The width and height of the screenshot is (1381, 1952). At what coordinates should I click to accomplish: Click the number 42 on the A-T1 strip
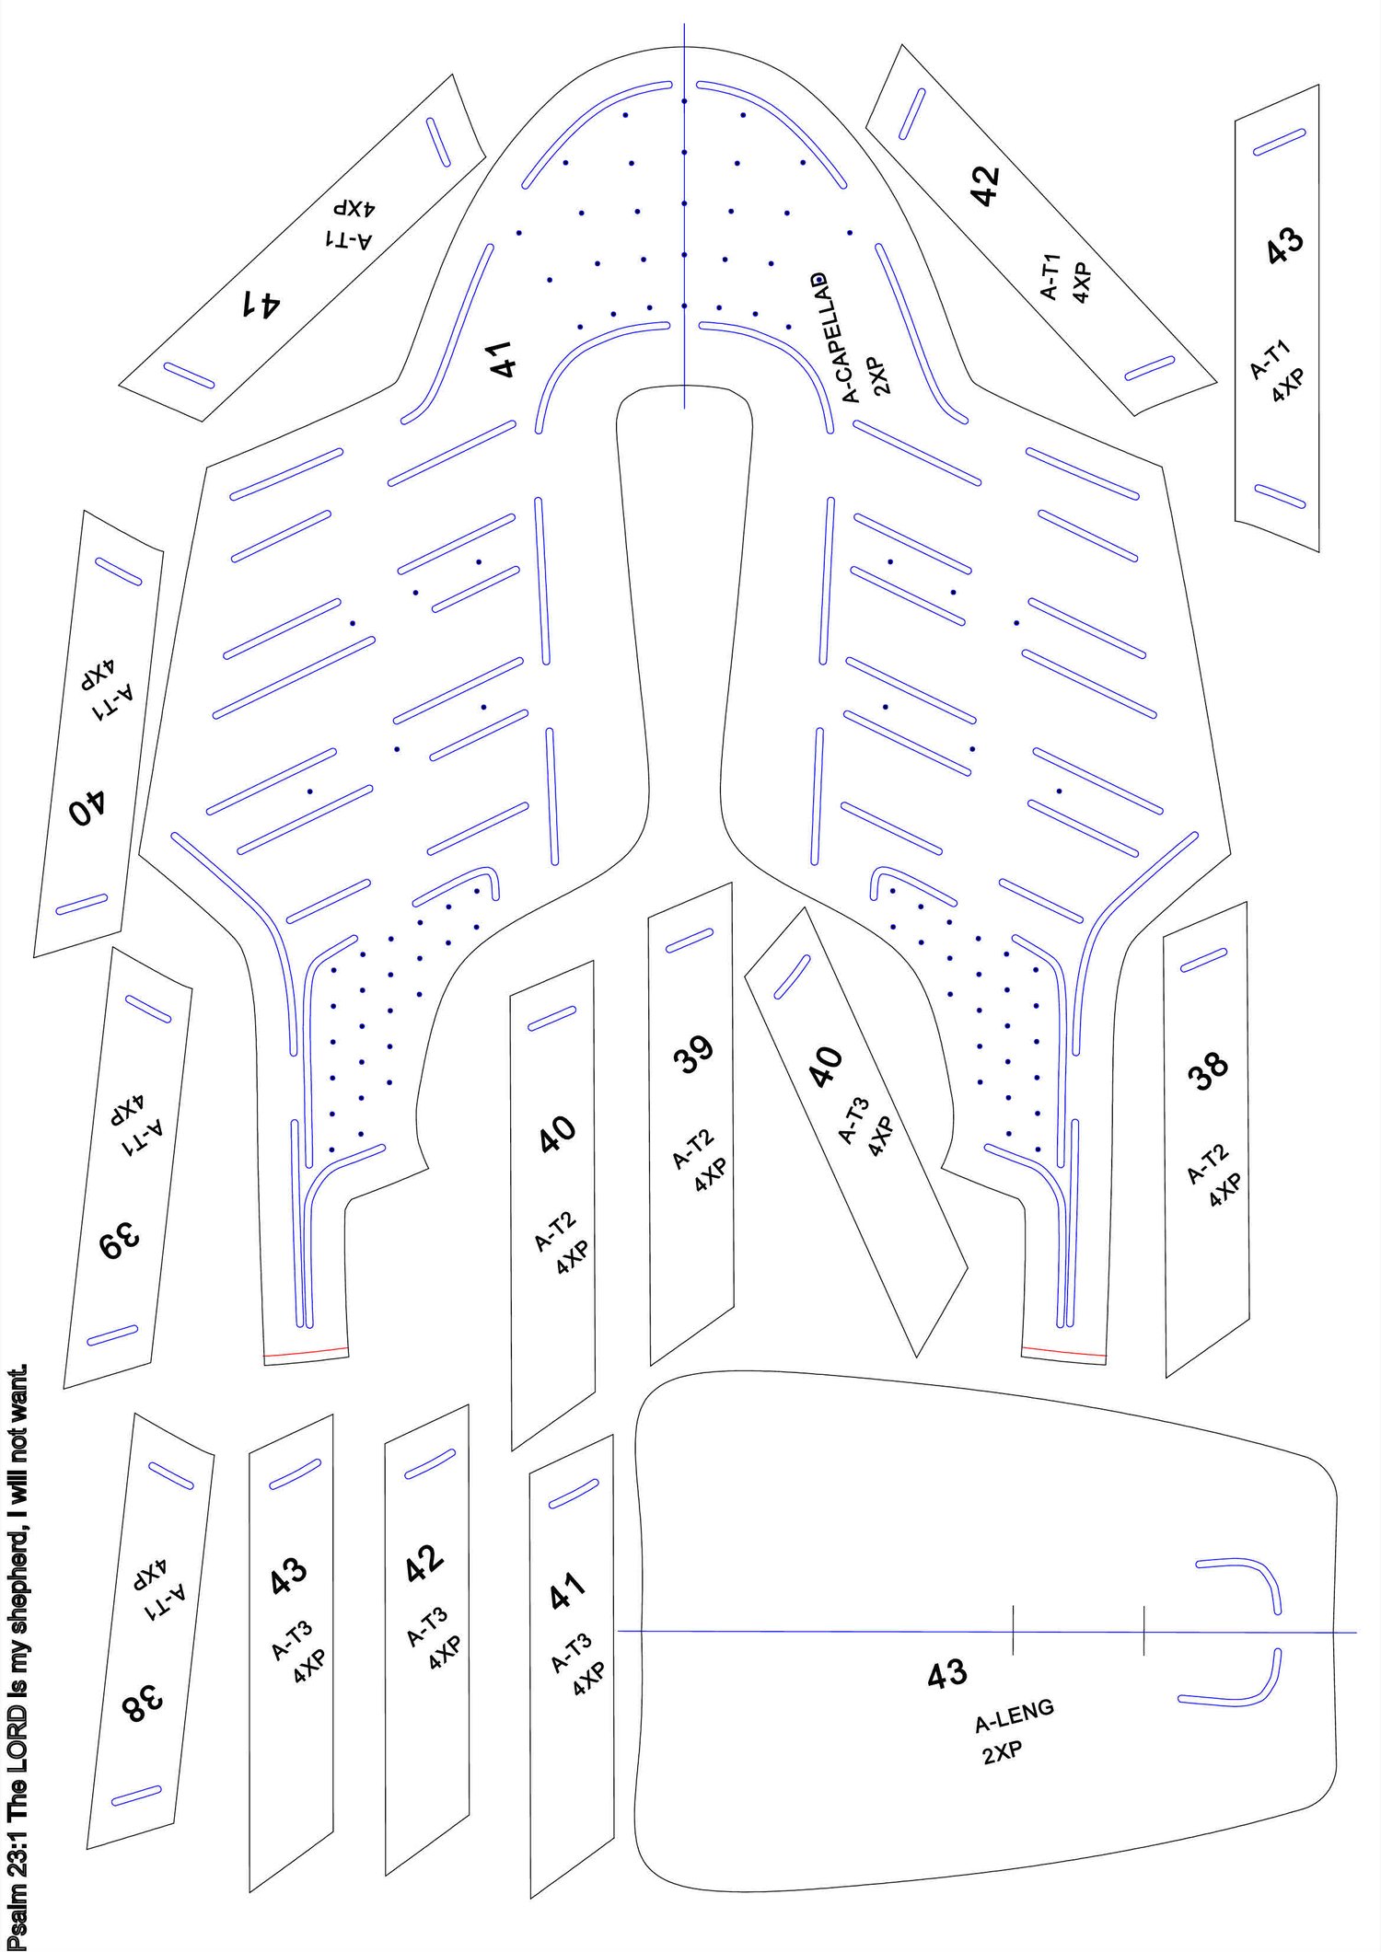(x=984, y=186)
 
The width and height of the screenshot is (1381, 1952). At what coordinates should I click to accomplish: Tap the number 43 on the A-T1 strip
(x=1284, y=245)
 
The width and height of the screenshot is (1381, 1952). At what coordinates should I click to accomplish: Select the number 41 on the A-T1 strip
(x=261, y=303)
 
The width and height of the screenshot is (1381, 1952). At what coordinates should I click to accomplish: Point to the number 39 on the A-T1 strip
(x=121, y=1244)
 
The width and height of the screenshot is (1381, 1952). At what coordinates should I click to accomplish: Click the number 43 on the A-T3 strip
(x=288, y=1577)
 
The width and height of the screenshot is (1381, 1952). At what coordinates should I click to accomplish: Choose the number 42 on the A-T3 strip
(x=424, y=1563)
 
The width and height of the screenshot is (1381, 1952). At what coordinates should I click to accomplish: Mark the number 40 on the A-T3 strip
(x=825, y=1067)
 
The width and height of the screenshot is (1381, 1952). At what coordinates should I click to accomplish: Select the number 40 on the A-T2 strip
(x=558, y=1135)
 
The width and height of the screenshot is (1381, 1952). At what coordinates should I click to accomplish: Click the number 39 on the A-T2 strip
(x=694, y=1055)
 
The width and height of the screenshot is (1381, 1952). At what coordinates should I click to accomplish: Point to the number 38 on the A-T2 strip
(x=1208, y=1070)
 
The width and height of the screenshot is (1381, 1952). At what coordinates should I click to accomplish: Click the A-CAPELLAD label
(x=837, y=338)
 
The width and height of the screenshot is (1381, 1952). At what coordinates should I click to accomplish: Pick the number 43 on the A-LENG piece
(x=947, y=1674)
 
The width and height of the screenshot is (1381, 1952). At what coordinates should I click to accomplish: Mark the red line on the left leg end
(x=306, y=1352)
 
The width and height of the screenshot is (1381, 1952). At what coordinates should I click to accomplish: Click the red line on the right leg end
(x=1063, y=1351)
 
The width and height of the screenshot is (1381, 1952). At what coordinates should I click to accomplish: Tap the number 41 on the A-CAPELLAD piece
(x=503, y=360)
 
